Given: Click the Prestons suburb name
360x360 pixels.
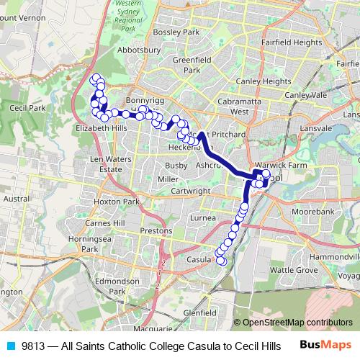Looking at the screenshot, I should coord(156,231).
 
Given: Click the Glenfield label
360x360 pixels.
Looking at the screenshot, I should coord(199,313).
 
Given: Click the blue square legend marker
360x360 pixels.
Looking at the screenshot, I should coord(11,346).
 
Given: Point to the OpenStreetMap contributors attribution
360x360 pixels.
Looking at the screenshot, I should coord(297,323).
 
